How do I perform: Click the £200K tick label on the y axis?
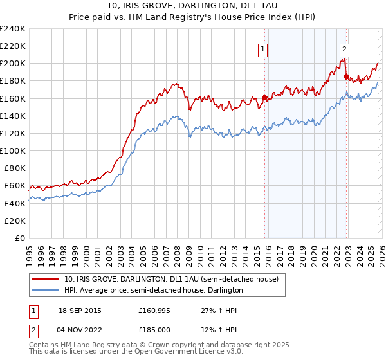(x=13, y=64)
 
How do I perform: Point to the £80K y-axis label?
(x=15, y=168)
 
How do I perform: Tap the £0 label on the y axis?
(x=21, y=238)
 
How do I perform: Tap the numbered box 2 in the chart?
(x=344, y=48)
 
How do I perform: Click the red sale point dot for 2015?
(x=264, y=98)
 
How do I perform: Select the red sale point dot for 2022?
(x=346, y=76)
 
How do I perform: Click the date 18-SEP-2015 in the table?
(x=79, y=310)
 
